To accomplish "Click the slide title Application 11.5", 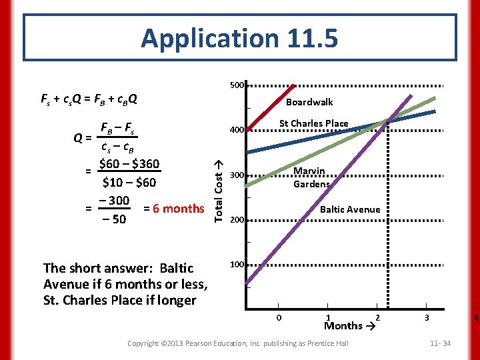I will click(239, 39).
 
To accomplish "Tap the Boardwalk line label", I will click(309, 102).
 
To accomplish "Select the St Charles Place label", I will click(313, 123).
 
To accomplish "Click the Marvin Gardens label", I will click(311, 177).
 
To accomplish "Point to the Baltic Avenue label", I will click(350, 209).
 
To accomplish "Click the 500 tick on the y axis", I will click(237, 85).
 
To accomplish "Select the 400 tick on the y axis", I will click(237, 130).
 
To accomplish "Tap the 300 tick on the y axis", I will click(237, 175).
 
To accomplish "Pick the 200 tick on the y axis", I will click(237, 220).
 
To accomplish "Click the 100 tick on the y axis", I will click(237, 265).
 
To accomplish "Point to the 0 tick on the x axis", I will click(279, 317).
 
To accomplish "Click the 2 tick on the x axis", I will click(377, 317).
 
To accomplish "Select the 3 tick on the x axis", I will click(427, 317).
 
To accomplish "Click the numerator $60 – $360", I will click(129, 164).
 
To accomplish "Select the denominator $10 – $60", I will click(129, 182).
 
